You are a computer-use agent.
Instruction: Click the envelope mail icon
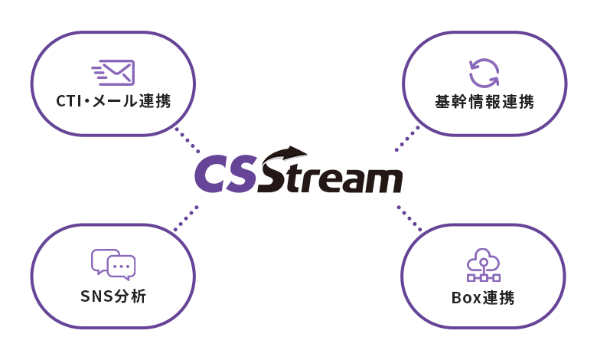tap(113, 72)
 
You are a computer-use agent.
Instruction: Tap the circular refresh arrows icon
tap(484, 72)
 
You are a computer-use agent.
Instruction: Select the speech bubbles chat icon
tap(113, 264)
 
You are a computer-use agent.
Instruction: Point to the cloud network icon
tap(483, 265)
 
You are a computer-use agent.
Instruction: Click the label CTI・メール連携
tap(113, 102)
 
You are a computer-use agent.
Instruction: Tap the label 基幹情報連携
tap(484, 102)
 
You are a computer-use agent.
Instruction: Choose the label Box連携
tap(483, 296)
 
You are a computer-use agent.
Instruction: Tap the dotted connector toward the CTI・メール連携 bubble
tap(187, 140)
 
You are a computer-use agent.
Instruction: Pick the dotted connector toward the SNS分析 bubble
tap(186, 218)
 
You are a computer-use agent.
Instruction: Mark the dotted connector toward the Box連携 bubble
tap(409, 218)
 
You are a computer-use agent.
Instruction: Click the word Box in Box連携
tap(467, 296)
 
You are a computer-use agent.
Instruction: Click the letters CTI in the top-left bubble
tap(71, 102)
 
